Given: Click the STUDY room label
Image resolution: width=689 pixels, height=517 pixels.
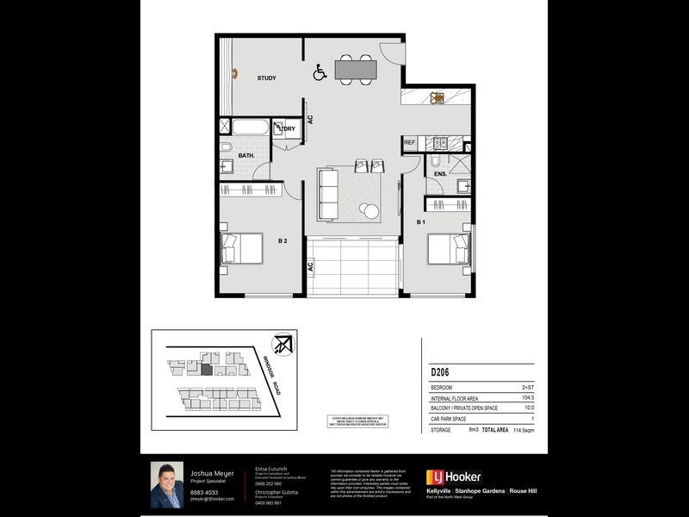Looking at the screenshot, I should click(266, 78).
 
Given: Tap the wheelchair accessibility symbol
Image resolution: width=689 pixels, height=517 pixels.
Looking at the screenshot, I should click(320, 74).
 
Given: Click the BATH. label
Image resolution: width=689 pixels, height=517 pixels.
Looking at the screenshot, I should click(245, 156).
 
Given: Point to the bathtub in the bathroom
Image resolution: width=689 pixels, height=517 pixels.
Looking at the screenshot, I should click(251, 129).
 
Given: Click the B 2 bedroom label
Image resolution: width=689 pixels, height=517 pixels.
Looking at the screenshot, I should click(282, 242).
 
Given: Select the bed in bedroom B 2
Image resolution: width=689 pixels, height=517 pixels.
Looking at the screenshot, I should click(240, 248).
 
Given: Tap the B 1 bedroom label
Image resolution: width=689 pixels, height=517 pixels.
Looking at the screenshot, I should click(421, 222).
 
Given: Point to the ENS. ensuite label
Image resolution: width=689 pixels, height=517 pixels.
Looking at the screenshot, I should click(440, 174).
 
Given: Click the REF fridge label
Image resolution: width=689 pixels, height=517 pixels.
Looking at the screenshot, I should click(410, 142).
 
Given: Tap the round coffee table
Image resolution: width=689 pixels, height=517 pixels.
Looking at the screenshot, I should click(370, 211).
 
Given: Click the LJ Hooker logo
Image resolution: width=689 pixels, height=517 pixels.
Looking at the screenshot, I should click(454, 477).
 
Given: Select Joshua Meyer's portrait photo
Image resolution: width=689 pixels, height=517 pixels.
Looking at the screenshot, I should click(167, 484).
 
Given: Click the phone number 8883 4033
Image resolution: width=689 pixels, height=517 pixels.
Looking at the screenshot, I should click(203, 492).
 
